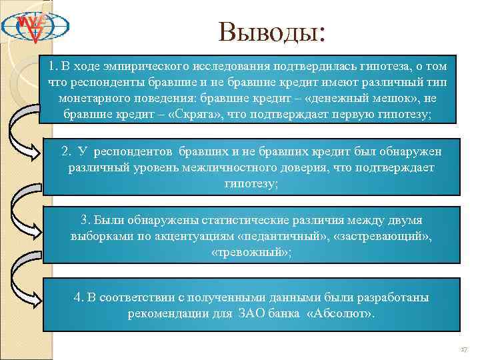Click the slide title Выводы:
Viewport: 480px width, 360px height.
(x=271, y=31)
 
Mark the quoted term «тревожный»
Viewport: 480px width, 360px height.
(x=250, y=252)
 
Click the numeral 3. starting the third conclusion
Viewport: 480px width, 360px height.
(x=85, y=219)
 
